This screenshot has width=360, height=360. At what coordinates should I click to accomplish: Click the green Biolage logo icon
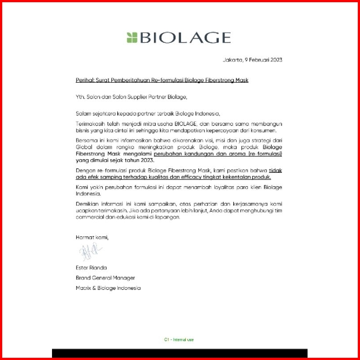click(x=132, y=37)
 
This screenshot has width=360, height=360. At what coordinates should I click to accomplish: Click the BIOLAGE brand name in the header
click(x=185, y=38)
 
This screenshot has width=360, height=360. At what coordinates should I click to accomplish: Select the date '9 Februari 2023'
click(x=264, y=60)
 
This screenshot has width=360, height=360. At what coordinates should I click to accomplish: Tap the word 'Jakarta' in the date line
click(x=233, y=60)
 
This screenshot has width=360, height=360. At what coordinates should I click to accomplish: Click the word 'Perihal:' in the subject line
click(x=85, y=80)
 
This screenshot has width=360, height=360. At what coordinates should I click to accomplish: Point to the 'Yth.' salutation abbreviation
click(x=80, y=96)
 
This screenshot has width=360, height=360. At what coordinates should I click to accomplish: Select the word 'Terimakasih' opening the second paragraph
click(x=88, y=124)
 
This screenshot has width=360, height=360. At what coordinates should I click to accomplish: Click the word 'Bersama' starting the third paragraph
click(x=86, y=140)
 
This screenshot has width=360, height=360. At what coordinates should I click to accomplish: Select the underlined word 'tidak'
click(x=275, y=170)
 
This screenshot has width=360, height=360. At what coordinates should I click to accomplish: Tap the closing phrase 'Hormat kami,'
click(x=92, y=237)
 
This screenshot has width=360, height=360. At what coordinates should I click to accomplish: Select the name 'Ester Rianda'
click(x=92, y=268)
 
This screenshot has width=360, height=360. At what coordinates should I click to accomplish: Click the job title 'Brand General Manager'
click(x=105, y=278)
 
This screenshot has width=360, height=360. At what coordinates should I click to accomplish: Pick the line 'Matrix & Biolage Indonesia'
click(x=108, y=288)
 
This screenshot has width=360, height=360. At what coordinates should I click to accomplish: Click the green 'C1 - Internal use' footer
click(x=179, y=340)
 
